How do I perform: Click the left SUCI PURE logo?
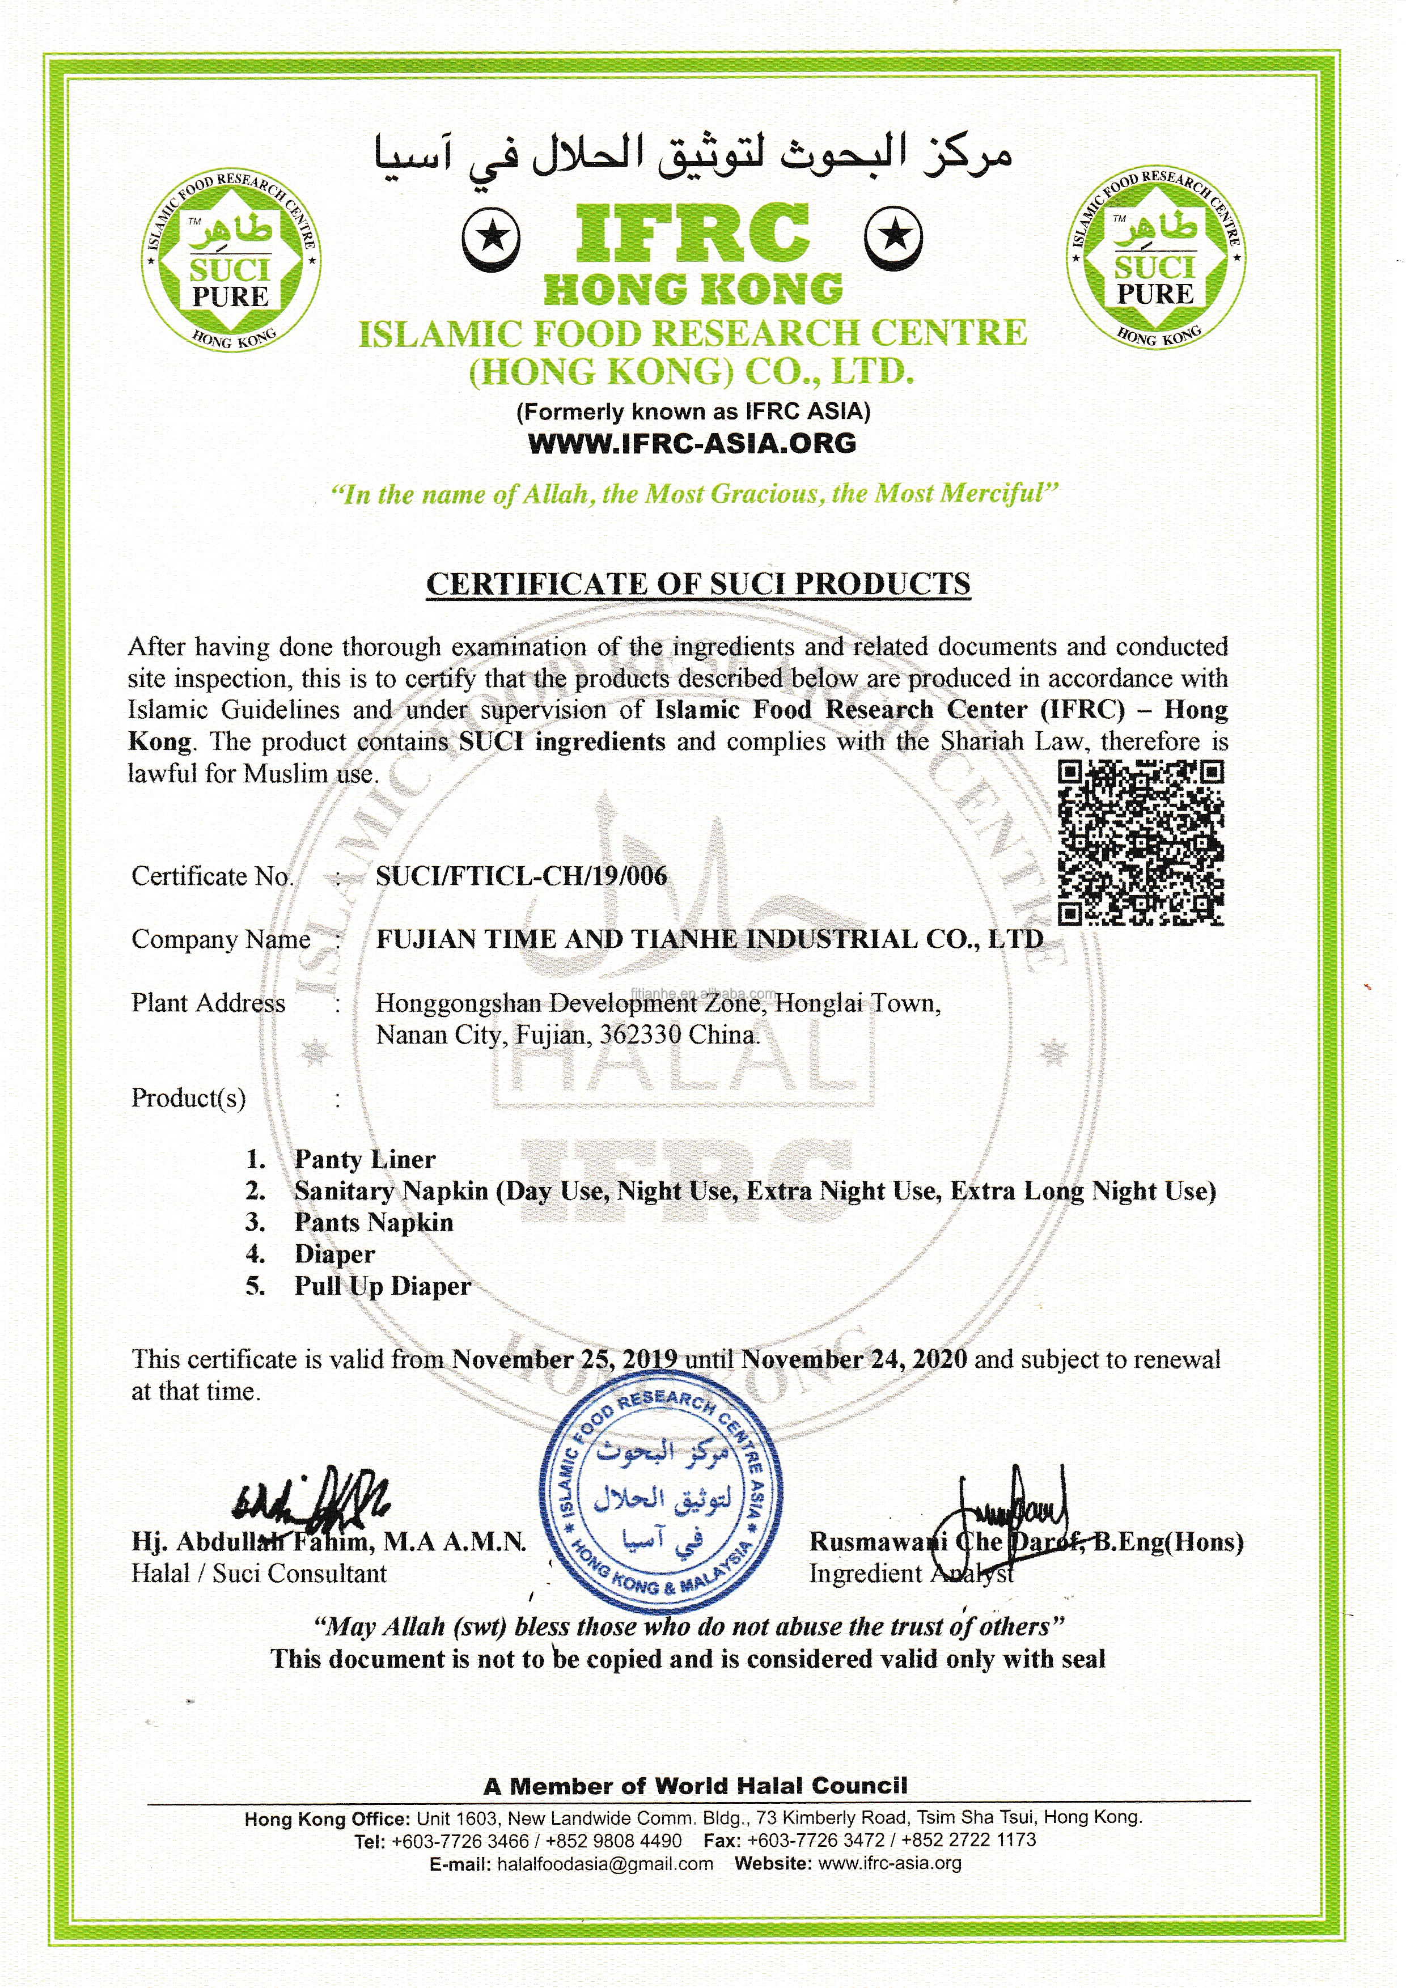pos(232,257)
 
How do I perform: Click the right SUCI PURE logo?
pos(1156,257)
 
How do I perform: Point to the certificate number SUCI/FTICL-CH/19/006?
pos(521,876)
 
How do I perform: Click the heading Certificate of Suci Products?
pos(698,583)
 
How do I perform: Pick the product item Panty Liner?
pos(365,1159)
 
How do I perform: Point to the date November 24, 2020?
pos(854,1359)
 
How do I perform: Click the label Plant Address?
pos(208,1003)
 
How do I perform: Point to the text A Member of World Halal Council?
pos(695,1786)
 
